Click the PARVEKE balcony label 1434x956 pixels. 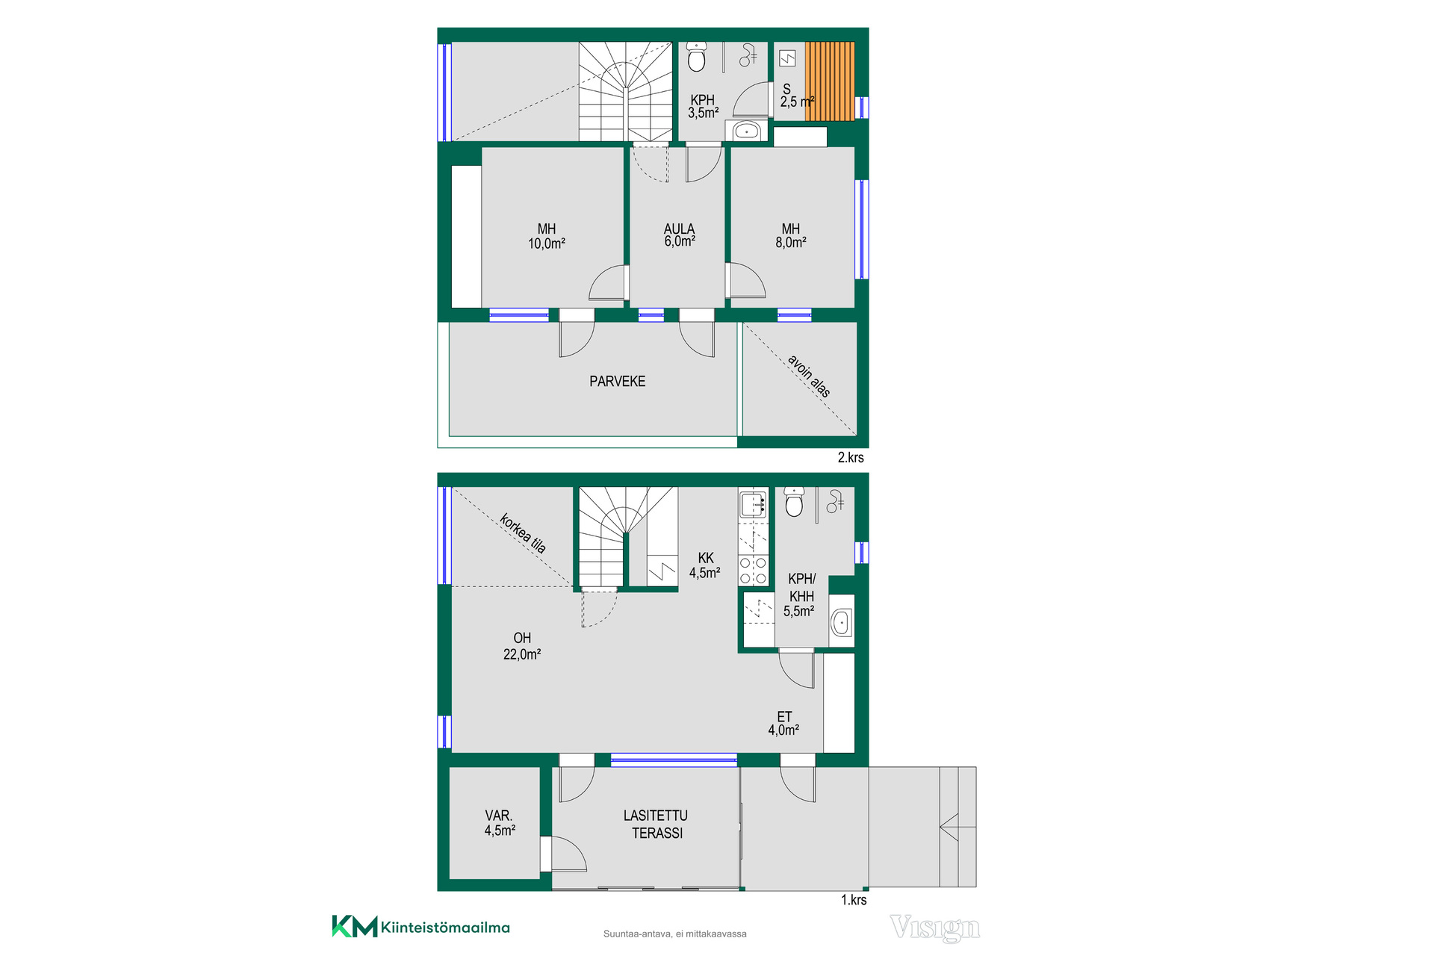click(x=617, y=382)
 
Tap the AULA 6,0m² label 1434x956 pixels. click(x=680, y=235)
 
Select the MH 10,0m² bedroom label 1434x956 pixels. click(x=547, y=236)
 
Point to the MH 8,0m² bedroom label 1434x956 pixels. click(x=791, y=235)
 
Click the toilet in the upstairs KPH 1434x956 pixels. click(x=697, y=56)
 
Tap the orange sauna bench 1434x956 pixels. click(x=830, y=81)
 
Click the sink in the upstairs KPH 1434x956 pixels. click(x=746, y=131)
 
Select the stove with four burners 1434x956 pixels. click(x=753, y=570)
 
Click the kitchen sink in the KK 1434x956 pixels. click(x=753, y=505)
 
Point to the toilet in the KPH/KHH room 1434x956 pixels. click(x=794, y=502)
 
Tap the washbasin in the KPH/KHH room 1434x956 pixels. click(x=842, y=621)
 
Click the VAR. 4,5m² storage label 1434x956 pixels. click(x=500, y=823)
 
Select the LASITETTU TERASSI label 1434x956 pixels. click(x=657, y=825)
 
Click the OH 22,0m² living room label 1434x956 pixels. click(x=522, y=646)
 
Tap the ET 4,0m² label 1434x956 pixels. click(x=784, y=723)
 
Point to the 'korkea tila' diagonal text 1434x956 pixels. click(x=523, y=533)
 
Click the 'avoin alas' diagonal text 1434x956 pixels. click(x=809, y=376)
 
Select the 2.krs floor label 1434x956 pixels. click(x=851, y=458)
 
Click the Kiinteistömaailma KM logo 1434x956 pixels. click(x=421, y=927)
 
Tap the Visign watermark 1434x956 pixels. click(x=935, y=928)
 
